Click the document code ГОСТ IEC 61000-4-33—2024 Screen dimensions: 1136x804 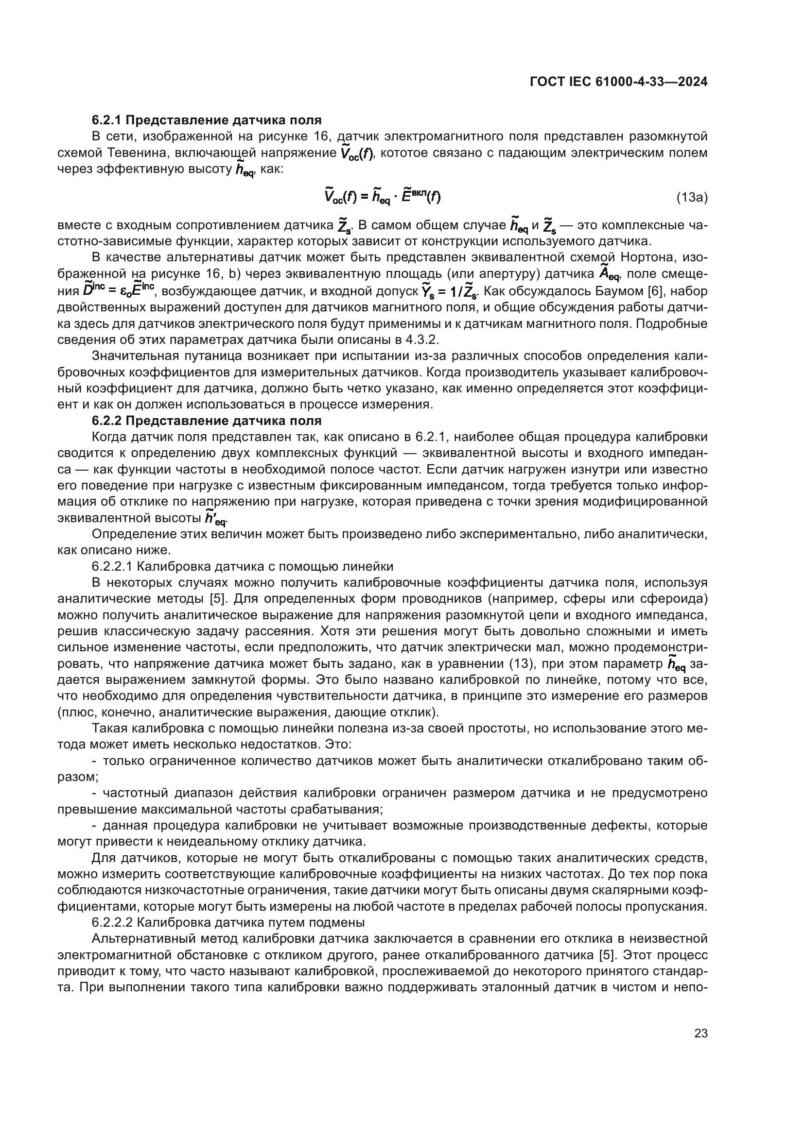[x=618, y=81]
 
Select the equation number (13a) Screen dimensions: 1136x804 [x=692, y=198]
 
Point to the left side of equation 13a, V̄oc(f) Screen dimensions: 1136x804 [x=339, y=197]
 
